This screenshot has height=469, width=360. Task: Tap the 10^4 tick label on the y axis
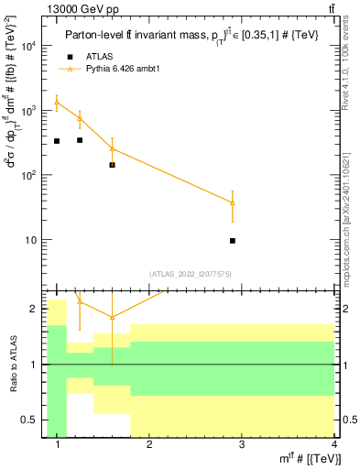[27, 46]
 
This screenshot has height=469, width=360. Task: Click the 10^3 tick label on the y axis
[27, 111]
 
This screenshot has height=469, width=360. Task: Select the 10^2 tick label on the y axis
[27, 175]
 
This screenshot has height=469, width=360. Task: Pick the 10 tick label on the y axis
[31, 240]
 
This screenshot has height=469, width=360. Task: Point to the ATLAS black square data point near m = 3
[233, 241]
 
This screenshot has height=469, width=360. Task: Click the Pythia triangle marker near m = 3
[233, 202]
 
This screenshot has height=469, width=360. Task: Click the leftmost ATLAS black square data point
[57, 141]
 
